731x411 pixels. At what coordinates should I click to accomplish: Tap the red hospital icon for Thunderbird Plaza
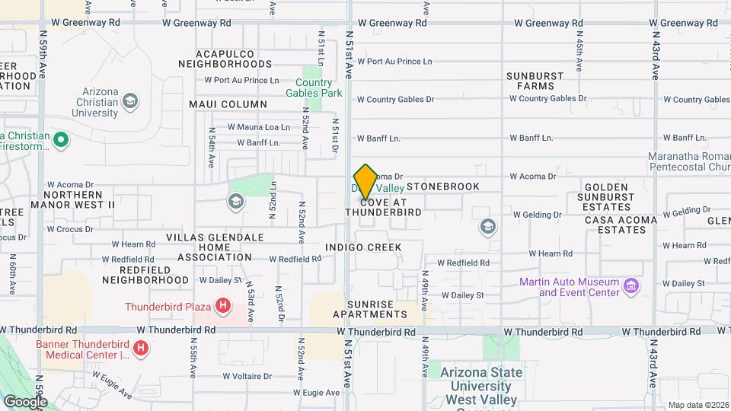coord(223,307)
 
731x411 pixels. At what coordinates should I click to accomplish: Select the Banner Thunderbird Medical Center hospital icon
coord(140,349)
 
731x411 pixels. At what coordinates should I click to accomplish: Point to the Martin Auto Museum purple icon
coord(630,286)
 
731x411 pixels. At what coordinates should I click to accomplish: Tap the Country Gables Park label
coord(314,88)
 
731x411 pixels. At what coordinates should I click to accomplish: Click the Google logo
coord(25,401)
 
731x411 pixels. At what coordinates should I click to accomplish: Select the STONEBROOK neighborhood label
coord(443,186)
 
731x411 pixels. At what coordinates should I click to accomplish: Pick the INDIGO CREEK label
coord(362,247)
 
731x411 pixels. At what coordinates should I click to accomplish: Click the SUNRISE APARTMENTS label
coord(375,309)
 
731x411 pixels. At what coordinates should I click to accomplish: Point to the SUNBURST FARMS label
coord(536,81)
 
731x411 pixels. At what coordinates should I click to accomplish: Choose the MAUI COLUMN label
coord(228,104)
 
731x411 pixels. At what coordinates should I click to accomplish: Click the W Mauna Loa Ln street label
coord(259,128)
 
